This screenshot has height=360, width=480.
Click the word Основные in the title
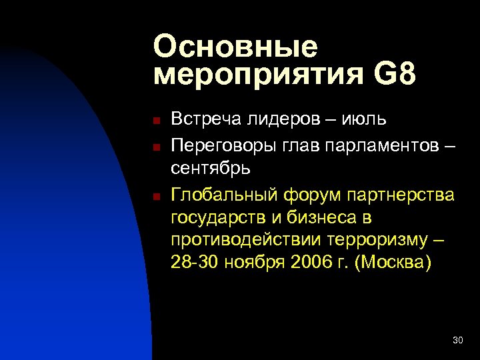click(235, 47)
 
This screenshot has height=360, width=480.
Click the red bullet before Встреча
click(154, 121)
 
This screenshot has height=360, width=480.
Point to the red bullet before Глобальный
click(154, 197)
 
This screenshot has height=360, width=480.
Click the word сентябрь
click(211, 168)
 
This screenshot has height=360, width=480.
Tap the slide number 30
click(457, 341)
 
